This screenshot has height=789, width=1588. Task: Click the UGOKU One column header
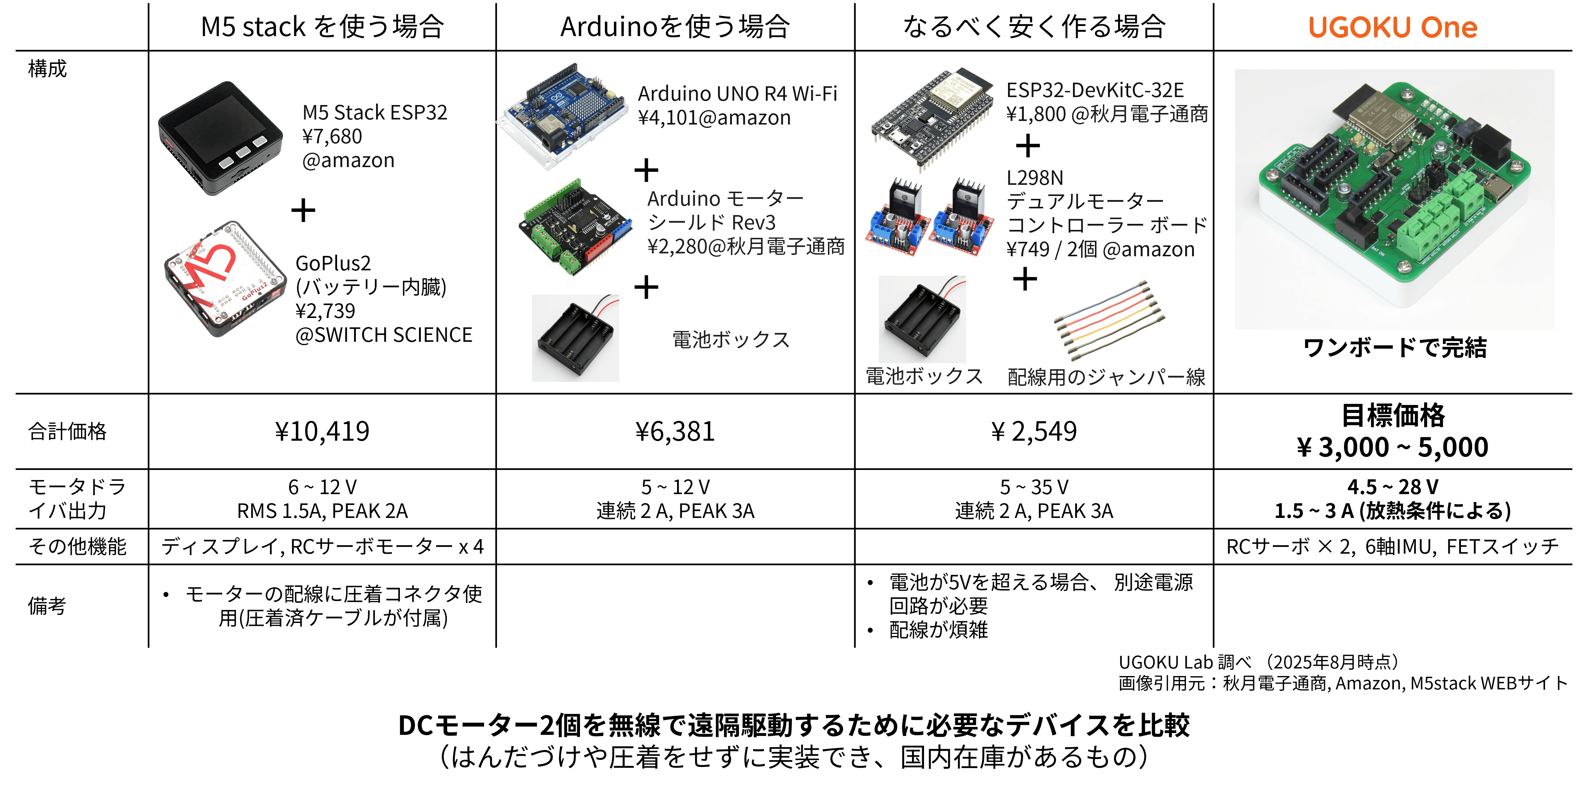coord(1393,27)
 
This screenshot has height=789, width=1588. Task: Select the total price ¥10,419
coord(322,431)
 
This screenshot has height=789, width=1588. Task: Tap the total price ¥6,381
coord(675,431)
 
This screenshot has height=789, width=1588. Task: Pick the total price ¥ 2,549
coord(1034,431)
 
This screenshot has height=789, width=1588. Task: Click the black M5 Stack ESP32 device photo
coord(220,138)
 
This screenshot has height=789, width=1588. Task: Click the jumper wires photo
coord(1108,320)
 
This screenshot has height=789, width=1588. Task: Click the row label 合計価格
coord(67,431)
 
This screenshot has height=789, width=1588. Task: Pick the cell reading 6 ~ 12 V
coord(322,487)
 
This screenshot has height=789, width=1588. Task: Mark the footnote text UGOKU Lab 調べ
coord(1185,662)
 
